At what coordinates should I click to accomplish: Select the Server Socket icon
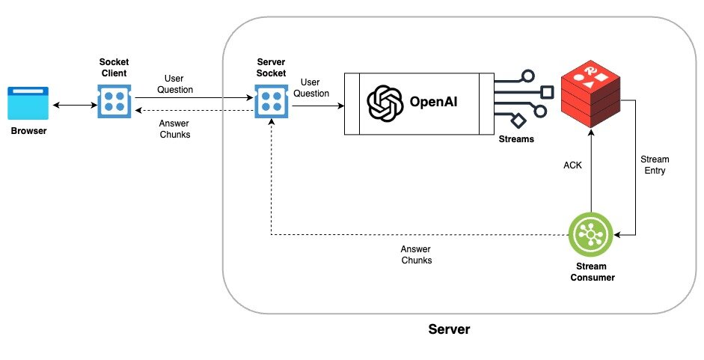coord(271,102)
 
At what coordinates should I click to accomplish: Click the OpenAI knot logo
coord(385,103)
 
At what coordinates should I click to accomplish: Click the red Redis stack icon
coord(591,94)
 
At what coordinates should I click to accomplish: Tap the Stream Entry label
coord(655,165)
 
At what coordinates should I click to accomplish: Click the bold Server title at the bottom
coord(449,329)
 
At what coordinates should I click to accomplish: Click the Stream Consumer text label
coord(591,272)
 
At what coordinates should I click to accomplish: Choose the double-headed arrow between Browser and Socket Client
coord(72,105)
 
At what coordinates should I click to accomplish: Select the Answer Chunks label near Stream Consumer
coord(416,255)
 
